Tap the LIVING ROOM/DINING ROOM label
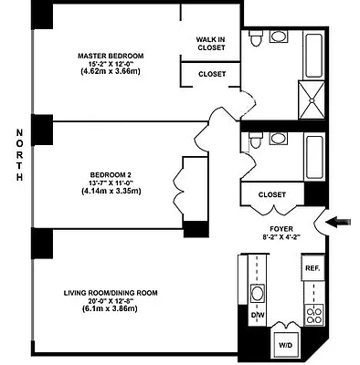(111, 292)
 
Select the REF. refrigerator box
(312, 268)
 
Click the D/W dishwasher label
(257, 317)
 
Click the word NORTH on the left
(18, 155)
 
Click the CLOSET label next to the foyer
(272, 194)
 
